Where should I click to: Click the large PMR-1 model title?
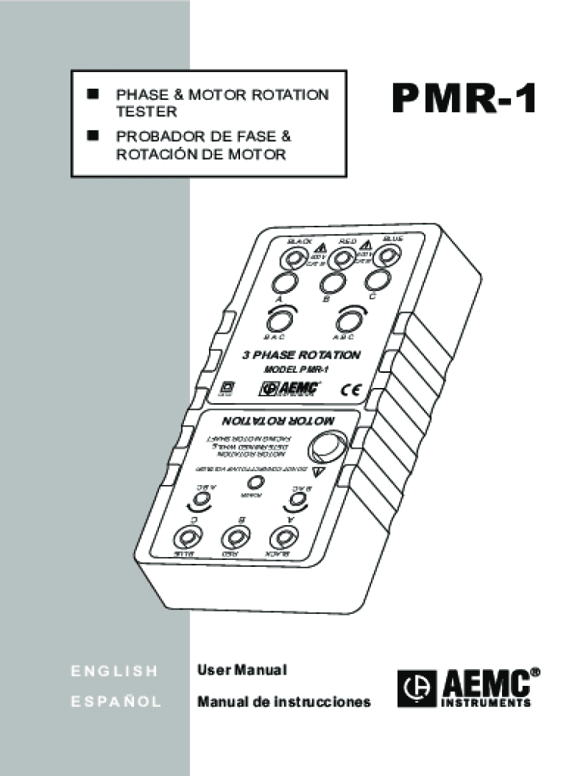coord(464,100)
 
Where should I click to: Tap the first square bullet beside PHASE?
coord(93,94)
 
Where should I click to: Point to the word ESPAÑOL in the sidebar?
coord(116,702)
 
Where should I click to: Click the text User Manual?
coord(242,671)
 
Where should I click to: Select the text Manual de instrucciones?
coord(284,702)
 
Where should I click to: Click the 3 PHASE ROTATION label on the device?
coord(301,355)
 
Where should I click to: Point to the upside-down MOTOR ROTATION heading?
coord(277,421)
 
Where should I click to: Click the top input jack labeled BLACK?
coord(291,261)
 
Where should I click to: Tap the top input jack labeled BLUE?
coord(388,257)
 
